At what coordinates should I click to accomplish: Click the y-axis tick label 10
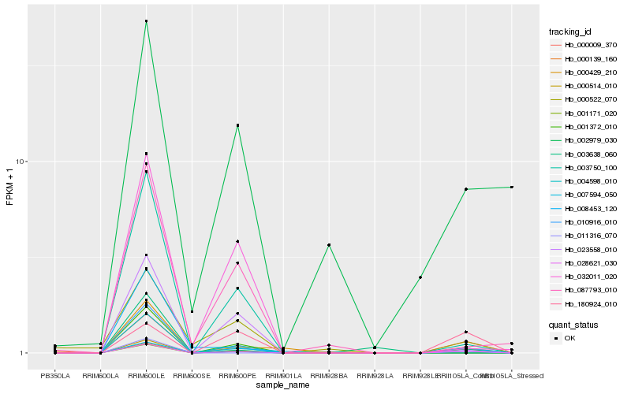[22, 162]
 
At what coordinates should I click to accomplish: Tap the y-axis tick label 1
[24, 353]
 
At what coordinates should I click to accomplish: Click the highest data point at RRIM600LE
[147, 21]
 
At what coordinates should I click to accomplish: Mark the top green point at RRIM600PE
[237, 125]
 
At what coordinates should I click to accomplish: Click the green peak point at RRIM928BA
[329, 245]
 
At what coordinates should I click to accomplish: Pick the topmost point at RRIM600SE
[192, 311]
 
